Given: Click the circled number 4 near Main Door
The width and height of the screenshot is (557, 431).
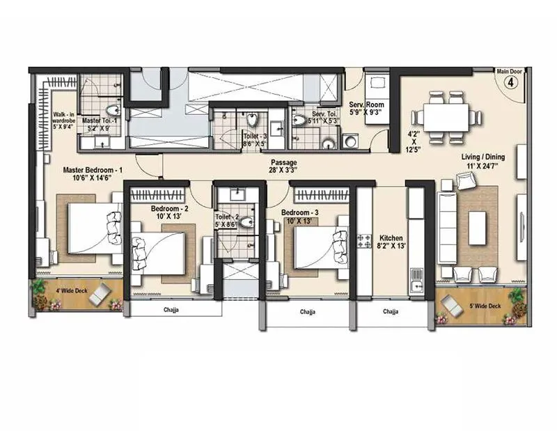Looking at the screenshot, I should pos(509,81).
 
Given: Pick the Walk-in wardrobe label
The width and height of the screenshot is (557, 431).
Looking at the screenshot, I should pos(68,119).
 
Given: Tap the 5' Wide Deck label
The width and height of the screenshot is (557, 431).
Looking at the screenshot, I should pos(485,306).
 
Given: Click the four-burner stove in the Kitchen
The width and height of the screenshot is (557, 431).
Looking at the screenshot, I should pos(364,241).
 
